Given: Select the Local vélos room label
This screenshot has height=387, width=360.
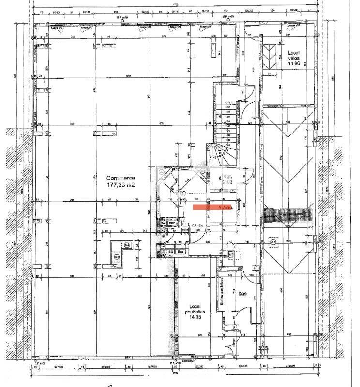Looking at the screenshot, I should click(x=295, y=54).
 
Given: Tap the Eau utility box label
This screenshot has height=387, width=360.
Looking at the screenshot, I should click(x=180, y=252).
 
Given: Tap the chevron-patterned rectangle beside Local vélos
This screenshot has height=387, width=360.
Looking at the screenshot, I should click(x=269, y=57).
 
